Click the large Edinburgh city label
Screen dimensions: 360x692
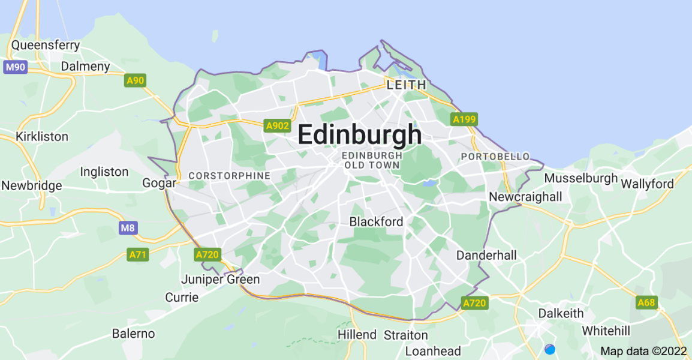click(359, 135)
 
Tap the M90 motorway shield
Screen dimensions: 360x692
click(15, 67)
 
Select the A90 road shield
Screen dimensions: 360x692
click(136, 80)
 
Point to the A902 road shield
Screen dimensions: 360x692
click(277, 125)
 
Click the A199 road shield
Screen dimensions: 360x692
click(464, 119)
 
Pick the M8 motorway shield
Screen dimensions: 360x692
click(127, 228)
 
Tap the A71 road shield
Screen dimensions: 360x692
click(138, 255)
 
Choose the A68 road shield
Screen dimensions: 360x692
click(646, 302)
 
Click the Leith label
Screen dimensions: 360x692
click(407, 85)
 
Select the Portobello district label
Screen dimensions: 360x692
click(495, 157)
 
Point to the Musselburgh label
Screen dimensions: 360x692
click(580, 178)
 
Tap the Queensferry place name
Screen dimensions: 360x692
click(46, 45)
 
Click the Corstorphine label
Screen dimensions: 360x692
click(230, 176)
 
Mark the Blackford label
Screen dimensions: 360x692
click(376, 221)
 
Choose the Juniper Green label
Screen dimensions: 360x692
click(221, 280)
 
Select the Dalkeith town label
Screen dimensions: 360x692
click(561, 313)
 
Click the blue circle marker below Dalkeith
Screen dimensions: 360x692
click(550, 349)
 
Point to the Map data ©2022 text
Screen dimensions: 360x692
click(643, 351)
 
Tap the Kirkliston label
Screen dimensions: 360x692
click(42, 137)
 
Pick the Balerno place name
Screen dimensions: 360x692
click(133, 334)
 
